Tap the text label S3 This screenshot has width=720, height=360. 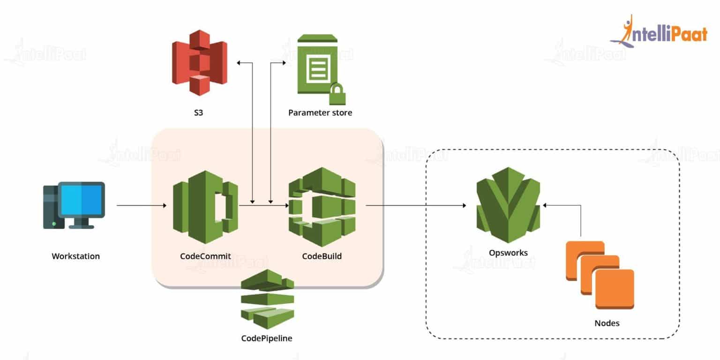[199, 112]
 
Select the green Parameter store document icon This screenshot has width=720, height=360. [318, 66]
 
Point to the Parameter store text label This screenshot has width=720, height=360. [320, 112]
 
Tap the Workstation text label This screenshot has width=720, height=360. [75, 256]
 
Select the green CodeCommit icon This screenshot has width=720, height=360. [205, 206]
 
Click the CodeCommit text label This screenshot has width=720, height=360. [205, 256]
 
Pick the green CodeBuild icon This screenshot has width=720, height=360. [322, 206]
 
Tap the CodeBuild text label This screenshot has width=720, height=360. [322, 256]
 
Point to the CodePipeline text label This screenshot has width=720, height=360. [267, 338]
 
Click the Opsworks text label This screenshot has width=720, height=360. [508, 253]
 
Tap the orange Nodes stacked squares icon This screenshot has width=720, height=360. [600, 274]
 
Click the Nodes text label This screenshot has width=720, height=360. [607, 323]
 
